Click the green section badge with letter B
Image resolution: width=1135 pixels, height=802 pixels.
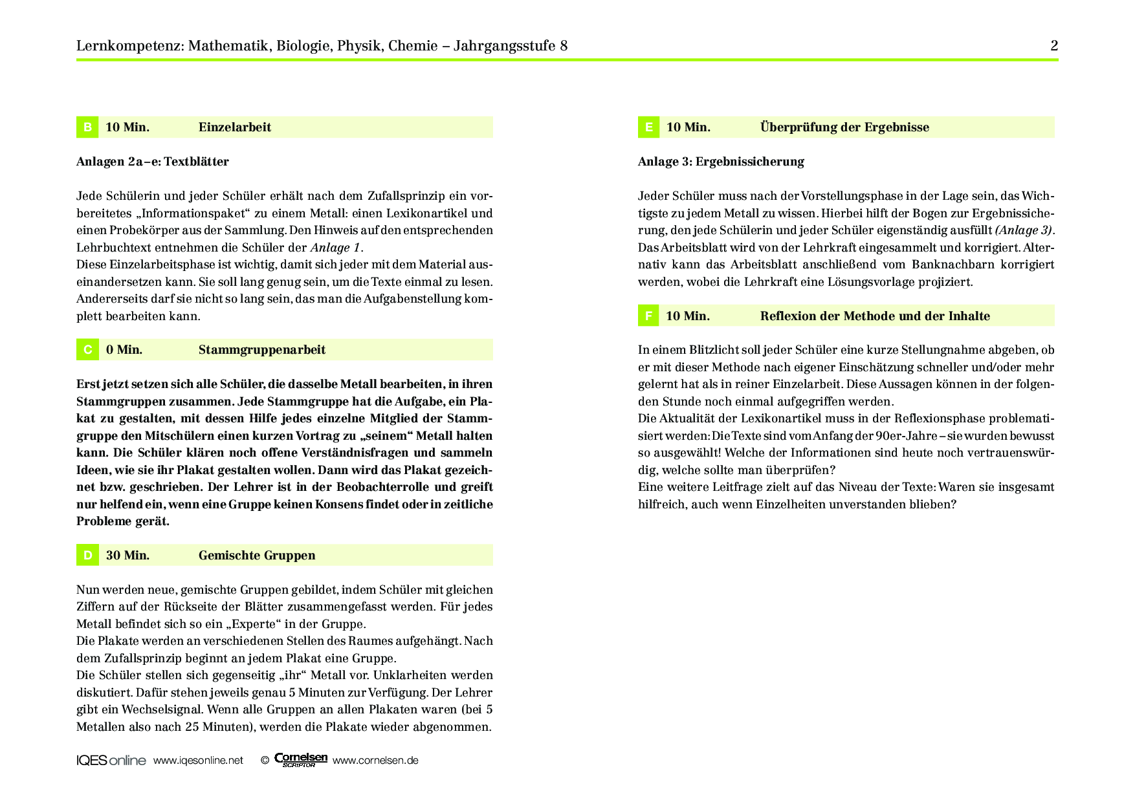coord(87,127)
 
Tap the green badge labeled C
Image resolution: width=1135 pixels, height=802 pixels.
coord(87,350)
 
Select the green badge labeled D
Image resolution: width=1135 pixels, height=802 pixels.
coord(87,556)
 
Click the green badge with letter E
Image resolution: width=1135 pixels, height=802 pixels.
coord(648,127)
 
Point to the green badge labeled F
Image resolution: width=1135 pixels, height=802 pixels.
coord(648,316)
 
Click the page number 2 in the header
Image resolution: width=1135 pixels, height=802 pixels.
coord(1054,46)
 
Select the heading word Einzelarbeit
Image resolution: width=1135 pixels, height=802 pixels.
coord(235,127)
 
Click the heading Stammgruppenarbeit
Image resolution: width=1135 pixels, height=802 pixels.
coord(262,350)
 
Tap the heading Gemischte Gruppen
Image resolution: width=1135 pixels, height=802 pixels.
coord(257,556)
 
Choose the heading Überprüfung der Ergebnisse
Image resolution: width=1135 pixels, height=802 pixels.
coord(844,127)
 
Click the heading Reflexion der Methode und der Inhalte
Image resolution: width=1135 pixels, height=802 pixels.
coord(875,316)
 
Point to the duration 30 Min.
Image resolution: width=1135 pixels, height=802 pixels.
coord(127,556)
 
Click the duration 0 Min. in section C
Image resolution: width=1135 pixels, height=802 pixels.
coord(124,350)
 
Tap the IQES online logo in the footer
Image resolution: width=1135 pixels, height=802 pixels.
coord(111,761)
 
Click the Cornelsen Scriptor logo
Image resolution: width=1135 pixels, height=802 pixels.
coord(301,760)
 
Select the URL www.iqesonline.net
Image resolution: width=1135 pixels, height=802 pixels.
coord(198,761)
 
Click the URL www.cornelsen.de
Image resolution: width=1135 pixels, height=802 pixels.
coord(375,761)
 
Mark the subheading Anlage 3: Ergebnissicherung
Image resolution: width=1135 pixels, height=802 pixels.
coord(721,162)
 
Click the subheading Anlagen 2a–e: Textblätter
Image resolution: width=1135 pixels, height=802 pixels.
coord(153,162)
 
